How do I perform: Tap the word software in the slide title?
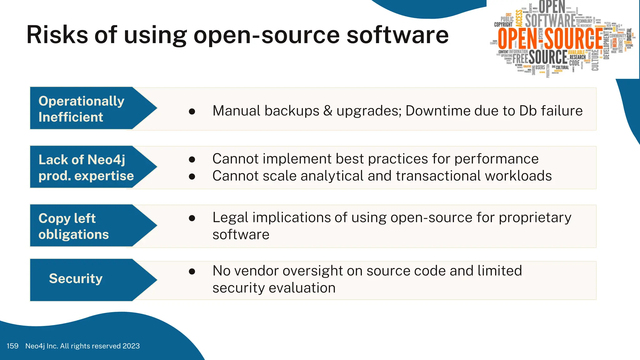coord(397,35)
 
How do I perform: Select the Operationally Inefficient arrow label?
coord(82,109)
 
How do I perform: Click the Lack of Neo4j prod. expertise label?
coord(86,167)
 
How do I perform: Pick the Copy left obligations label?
coord(74,226)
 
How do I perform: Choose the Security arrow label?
coord(76,278)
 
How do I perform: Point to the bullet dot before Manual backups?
coord(192,111)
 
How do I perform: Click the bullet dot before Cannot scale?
coord(192,177)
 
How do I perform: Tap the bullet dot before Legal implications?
coord(192,218)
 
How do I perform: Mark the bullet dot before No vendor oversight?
coord(192,271)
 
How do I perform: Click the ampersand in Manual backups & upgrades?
coord(328,111)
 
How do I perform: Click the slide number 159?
coord(12,346)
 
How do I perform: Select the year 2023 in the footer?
coord(131,346)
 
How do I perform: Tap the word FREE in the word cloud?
coord(520,58)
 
